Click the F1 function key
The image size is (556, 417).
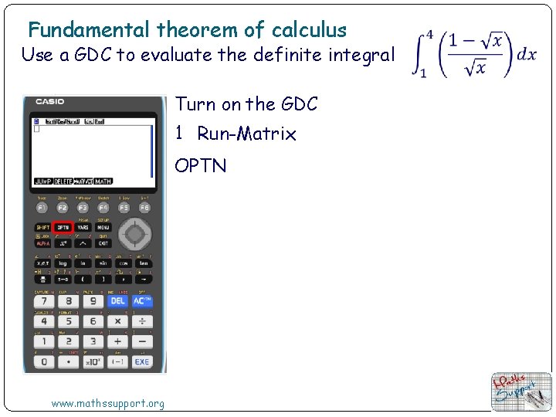click(42, 208)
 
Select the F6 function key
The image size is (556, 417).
click(144, 208)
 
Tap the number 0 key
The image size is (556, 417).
click(43, 361)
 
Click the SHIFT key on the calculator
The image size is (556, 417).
click(42, 228)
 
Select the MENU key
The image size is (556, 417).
click(103, 228)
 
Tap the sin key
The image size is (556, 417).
click(103, 263)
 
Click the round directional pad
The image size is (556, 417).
click(135, 233)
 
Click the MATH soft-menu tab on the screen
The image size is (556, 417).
click(103, 181)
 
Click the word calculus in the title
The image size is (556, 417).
click(309, 30)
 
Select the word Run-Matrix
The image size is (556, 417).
click(246, 134)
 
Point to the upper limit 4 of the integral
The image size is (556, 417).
click(429, 36)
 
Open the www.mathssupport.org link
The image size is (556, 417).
click(107, 403)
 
